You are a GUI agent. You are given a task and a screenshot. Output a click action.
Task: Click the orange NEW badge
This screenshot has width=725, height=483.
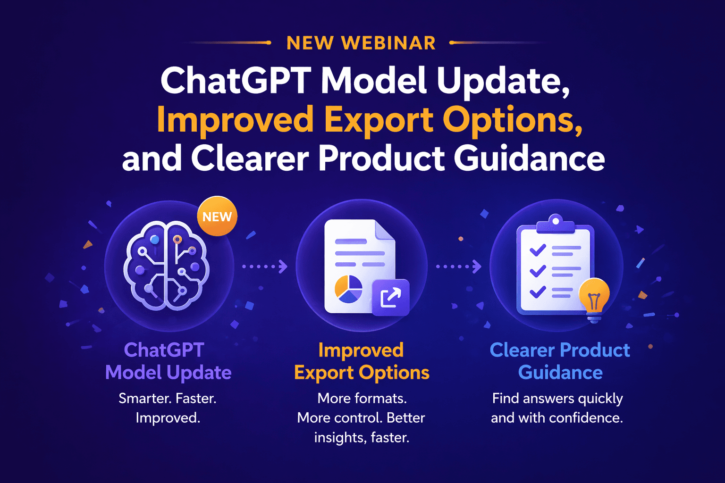click(x=217, y=217)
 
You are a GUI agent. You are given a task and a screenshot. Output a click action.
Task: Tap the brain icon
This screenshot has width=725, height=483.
click(x=166, y=266)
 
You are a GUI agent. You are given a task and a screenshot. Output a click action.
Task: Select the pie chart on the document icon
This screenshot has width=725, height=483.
click(x=348, y=289)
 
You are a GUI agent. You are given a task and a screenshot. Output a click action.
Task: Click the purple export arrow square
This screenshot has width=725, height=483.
click(x=390, y=298)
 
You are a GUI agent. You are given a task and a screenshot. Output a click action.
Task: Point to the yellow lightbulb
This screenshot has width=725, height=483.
click(x=594, y=296)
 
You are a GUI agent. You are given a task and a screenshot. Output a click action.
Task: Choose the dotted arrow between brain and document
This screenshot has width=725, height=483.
click(x=265, y=266)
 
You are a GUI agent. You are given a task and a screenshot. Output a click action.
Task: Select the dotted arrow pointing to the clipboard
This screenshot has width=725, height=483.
click(x=458, y=266)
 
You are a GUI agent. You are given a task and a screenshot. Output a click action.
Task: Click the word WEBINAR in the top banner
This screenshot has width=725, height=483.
click(x=388, y=43)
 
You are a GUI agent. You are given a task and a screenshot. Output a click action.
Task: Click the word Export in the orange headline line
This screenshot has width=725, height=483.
click(x=379, y=120)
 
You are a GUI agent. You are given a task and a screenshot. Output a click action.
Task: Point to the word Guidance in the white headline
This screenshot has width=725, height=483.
click(x=529, y=158)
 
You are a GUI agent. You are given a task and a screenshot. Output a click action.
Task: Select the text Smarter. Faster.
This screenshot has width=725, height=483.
click(x=168, y=399)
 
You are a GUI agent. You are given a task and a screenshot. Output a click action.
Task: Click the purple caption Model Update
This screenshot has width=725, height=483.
click(x=168, y=373)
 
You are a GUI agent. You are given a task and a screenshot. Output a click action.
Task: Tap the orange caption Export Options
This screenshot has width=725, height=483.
click(x=362, y=373)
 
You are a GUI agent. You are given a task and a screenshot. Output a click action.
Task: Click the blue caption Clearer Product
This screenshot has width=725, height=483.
click(x=560, y=350)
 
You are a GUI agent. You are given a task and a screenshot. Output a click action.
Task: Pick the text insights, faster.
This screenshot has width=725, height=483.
click(x=362, y=438)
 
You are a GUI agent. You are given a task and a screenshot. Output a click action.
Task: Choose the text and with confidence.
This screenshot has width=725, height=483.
click(x=557, y=418)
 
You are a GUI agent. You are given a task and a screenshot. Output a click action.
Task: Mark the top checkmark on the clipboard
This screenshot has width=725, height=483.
click(x=538, y=250)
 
